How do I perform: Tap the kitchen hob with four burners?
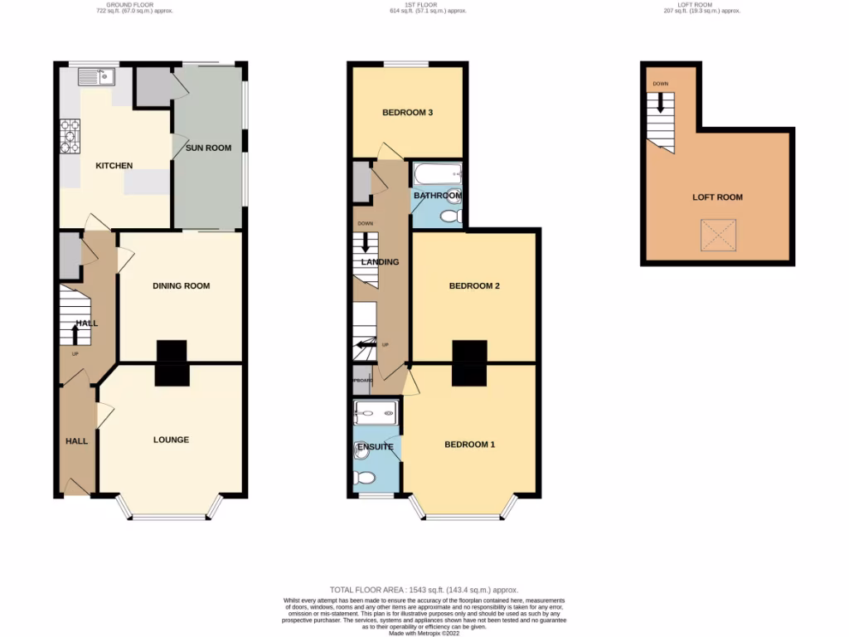(x=69, y=137)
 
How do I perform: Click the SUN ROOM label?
(x=208, y=148)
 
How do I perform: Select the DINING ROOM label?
(x=181, y=286)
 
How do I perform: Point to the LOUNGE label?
(x=171, y=440)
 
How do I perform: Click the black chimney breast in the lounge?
(x=172, y=375)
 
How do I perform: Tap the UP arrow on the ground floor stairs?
(x=76, y=333)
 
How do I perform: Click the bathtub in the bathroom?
(x=436, y=174)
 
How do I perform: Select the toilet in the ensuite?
(x=365, y=477)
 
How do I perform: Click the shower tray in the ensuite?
(x=376, y=412)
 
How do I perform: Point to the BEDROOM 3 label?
(x=407, y=113)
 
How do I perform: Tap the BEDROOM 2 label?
(x=474, y=286)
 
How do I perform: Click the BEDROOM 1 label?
(x=469, y=445)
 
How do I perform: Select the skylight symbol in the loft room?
(x=717, y=236)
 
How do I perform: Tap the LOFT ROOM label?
(x=717, y=197)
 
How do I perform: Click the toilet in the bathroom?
(x=450, y=216)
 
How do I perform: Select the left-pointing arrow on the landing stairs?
(x=366, y=345)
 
